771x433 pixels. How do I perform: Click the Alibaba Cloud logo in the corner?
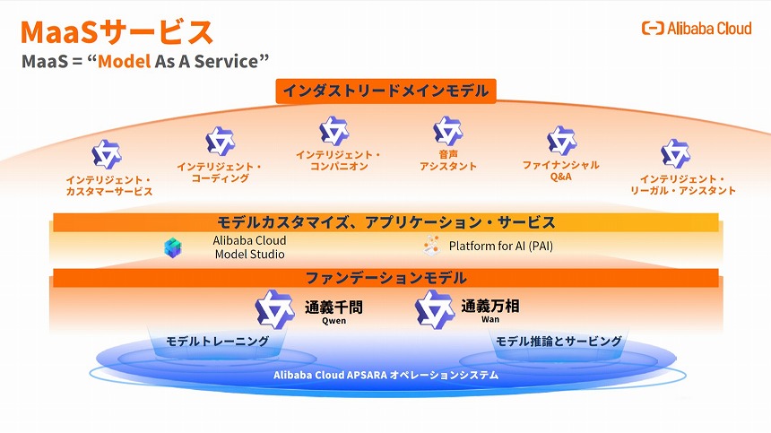697,29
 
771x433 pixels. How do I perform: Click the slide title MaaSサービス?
117,32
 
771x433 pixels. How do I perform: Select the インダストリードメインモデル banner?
385,91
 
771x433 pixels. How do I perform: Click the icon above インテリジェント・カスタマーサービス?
107,154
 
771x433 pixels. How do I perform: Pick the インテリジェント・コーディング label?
220,172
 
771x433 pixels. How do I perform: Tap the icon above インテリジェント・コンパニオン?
334,131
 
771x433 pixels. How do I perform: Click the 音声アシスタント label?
448,160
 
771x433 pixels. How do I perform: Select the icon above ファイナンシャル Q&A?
561,141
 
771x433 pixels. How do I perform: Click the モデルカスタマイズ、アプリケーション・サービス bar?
385,222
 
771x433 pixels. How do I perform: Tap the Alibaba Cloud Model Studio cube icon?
173,247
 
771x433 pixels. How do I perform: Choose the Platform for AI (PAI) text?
507,246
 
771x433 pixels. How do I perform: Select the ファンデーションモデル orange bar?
385,277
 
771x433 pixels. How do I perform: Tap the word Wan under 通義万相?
489,318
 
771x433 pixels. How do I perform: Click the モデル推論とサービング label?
559,342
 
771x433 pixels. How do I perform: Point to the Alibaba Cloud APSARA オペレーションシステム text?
385,375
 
